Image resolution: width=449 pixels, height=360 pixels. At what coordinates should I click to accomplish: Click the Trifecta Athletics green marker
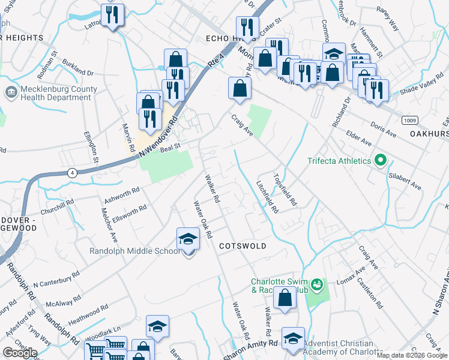pos(379,161)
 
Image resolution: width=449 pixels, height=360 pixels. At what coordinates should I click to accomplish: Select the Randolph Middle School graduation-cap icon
pos(188,240)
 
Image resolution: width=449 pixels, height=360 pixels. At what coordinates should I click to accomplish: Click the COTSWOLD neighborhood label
pos(242,246)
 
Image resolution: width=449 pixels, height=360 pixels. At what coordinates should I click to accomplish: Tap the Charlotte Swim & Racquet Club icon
pos(318,283)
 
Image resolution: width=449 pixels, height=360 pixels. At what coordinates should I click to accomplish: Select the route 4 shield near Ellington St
pos(73,173)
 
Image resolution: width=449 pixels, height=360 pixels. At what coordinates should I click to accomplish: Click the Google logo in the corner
pos(20,353)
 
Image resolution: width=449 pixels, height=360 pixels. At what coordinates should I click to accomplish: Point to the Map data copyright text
pos(412,355)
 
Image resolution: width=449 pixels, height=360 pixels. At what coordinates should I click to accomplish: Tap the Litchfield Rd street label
pos(267,197)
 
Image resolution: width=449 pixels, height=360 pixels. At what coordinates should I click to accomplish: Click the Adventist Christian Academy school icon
pos(294,338)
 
